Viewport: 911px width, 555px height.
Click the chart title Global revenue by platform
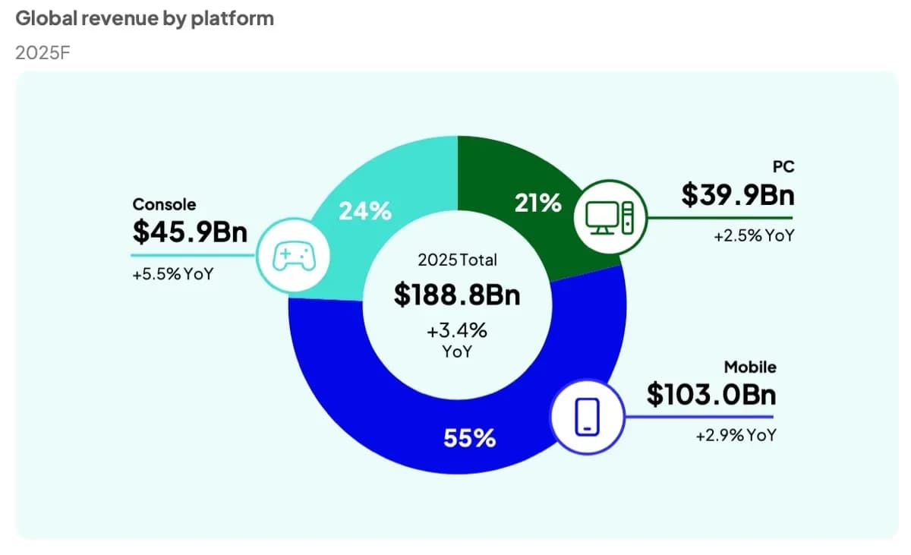click(144, 18)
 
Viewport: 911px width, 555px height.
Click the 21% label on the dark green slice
click(537, 203)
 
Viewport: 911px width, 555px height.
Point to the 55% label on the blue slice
click(469, 437)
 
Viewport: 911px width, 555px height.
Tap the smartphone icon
click(586, 416)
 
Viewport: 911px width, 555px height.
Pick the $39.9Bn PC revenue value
click(737, 195)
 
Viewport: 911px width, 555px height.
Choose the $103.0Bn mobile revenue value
click(711, 394)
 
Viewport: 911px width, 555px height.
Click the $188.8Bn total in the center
click(457, 295)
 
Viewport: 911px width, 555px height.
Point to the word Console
click(164, 204)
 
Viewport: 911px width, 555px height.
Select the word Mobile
click(749, 367)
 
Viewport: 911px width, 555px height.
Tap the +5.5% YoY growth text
click(172, 274)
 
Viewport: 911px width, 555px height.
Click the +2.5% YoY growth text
click(753, 236)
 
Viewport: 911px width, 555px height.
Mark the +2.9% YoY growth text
click(736, 436)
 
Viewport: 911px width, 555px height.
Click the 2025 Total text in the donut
click(457, 260)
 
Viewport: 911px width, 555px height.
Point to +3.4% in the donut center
click(457, 331)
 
